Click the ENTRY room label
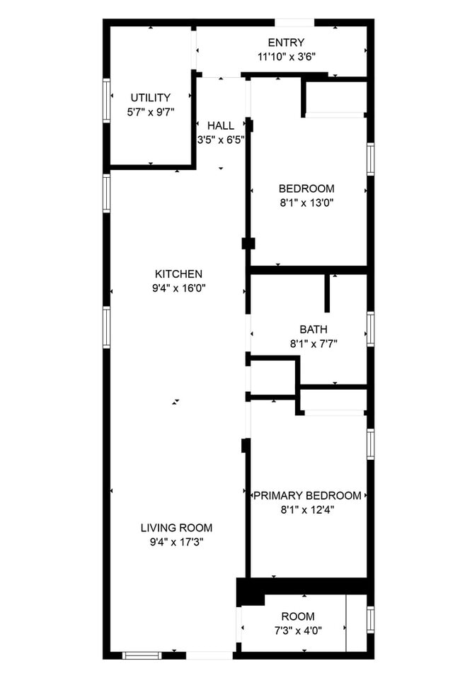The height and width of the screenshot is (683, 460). (x=286, y=43)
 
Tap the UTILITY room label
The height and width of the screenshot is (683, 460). (x=150, y=98)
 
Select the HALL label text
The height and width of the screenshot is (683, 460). (x=221, y=126)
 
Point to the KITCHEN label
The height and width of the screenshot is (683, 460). (x=179, y=274)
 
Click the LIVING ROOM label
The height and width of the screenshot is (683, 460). (x=176, y=528)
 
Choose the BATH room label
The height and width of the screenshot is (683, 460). (x=314, y=329)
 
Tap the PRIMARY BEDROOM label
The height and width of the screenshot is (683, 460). (x=307, y=496)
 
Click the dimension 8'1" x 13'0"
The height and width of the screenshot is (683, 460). (x=306, y=203)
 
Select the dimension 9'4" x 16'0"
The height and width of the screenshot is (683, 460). (x=179, y=288)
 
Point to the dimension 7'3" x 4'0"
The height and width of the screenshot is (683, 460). (x=298, y=631)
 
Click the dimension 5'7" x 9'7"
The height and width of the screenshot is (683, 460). (x=150, y=112)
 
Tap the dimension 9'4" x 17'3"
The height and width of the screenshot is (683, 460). (x=176, y=542)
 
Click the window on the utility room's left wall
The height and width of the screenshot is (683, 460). (x=107, y=101)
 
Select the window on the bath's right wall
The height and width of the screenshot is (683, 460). (x=370, y=329)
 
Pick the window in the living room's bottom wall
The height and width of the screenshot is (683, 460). (x=142, y=655)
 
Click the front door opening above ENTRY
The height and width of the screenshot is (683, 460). (x=294, y=23)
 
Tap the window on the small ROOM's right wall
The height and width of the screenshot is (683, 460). (x=370, y=619)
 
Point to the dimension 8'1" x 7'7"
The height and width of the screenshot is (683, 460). (x=314, y=344)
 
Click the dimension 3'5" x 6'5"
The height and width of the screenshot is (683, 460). (x=221, y=140)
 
